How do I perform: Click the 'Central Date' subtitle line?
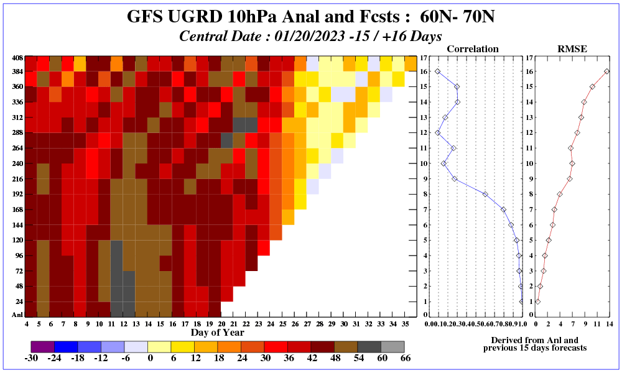pyautogui.click(x=310, y=35)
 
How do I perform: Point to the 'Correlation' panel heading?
pyautogui.click(x=473, y=48)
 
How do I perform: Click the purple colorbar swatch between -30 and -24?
pyautogui.click(x=43, y=346)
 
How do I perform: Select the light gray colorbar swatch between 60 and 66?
pyautogui.click(x=392, y=346)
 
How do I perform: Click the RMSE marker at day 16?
pyautogui.click(x=606, y=71)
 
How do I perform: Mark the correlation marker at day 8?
pyautogui.click(x=485, y=194)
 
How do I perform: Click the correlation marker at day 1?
pyautogui.click(x=522, y=302)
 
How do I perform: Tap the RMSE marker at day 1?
pyautogui.click(x=538, y=302)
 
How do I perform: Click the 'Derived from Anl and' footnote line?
pyautogui.click(x=534, y=340)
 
